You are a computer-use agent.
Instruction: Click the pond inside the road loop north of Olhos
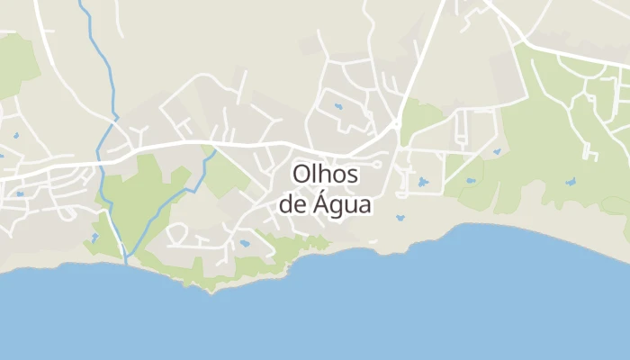tap(338, 107)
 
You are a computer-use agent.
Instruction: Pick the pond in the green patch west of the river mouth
tap(94, 238)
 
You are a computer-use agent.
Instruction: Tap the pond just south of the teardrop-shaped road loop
tap(244, 243)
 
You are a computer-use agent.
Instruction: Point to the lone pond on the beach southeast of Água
tap(400, 218)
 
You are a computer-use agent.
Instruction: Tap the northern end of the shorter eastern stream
tap(215, 151)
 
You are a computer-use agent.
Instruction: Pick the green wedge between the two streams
tap(135, 198)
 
